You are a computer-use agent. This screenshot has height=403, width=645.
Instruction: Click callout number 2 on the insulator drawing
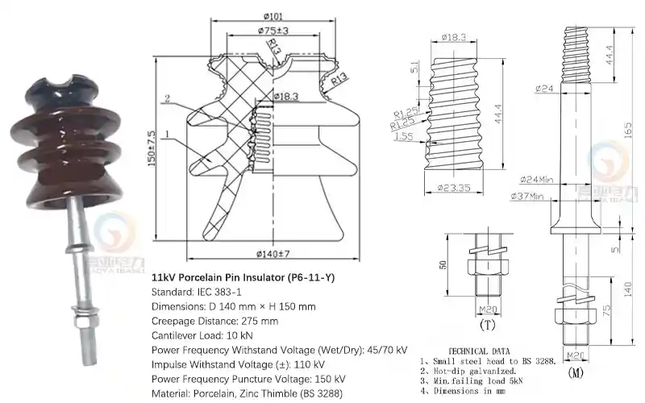coord(166,99)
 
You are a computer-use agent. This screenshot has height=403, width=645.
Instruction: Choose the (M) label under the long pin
coord(576,372)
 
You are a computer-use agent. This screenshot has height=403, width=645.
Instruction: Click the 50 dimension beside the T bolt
coord(442,266)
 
